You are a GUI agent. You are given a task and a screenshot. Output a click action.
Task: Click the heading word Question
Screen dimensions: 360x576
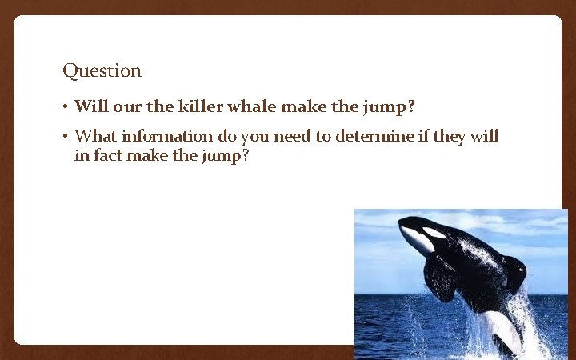[102, 71]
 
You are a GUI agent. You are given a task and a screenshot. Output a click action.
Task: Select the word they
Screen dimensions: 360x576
[450, 136]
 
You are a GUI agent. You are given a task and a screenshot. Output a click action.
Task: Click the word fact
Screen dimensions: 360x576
[108, 155]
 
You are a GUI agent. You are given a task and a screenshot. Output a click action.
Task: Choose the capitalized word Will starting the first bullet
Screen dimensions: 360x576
[87, 106]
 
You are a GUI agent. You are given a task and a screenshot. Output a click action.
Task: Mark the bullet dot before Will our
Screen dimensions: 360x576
[65, 107]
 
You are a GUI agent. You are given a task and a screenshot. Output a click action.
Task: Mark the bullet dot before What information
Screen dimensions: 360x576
[65, 137]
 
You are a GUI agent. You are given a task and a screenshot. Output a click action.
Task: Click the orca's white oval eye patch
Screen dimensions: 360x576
[434, 233]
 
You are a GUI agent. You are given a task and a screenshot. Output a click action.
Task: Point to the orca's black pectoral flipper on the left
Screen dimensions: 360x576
[441, 278]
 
